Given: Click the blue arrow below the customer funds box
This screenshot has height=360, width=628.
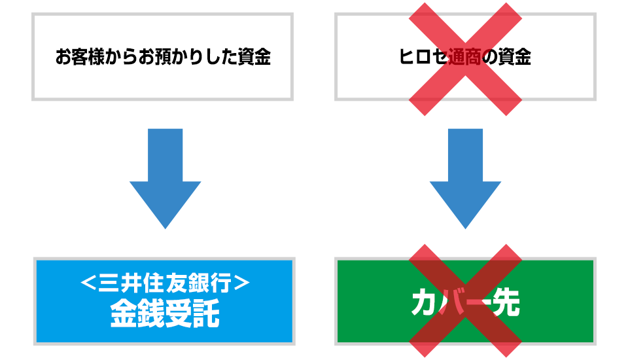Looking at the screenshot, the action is coord(165,179).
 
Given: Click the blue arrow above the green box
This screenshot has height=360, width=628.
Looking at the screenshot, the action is coord(465,179).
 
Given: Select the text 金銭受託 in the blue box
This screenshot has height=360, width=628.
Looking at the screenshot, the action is coord(165,313).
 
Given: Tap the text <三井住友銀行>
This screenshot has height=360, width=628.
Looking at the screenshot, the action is coord(165,282).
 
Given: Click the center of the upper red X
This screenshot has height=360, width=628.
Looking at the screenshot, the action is coord(465,59).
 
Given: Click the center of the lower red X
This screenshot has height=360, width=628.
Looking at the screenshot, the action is coord(465,300).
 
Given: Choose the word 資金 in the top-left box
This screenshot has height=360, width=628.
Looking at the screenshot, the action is coord(254,56).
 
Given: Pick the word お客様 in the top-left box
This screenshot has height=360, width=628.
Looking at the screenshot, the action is coord(80,56).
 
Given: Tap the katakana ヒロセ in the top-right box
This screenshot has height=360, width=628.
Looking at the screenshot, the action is coord(423,56).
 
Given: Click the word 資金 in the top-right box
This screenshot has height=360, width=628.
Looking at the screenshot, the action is coord(514,56).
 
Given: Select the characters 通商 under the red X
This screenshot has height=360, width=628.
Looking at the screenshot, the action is coord(464,56).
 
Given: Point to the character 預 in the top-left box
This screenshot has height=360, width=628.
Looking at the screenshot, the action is coord(162,56).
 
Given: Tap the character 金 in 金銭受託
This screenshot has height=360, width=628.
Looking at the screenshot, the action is coord(124,313).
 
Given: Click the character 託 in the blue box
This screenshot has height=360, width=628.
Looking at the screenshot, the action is coord(206,313).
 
